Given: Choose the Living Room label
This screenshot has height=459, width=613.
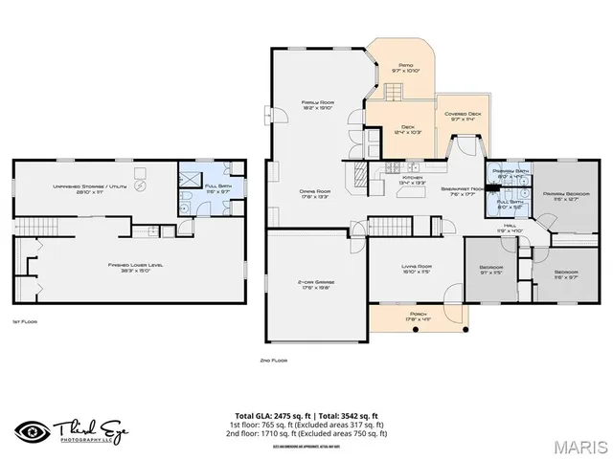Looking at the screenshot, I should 415,267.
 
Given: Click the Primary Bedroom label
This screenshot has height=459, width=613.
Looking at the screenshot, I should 559,194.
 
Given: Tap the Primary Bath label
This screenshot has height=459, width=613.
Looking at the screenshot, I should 508,171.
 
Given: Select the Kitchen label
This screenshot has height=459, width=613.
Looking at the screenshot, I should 412,178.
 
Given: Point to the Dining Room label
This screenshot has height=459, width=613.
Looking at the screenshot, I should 315,191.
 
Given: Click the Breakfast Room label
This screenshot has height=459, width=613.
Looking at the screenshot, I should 461,189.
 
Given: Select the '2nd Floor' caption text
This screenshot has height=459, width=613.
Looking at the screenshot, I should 274,361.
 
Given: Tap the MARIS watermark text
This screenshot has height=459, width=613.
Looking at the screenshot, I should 581,446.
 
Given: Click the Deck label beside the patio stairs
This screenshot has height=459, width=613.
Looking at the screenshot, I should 407,127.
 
